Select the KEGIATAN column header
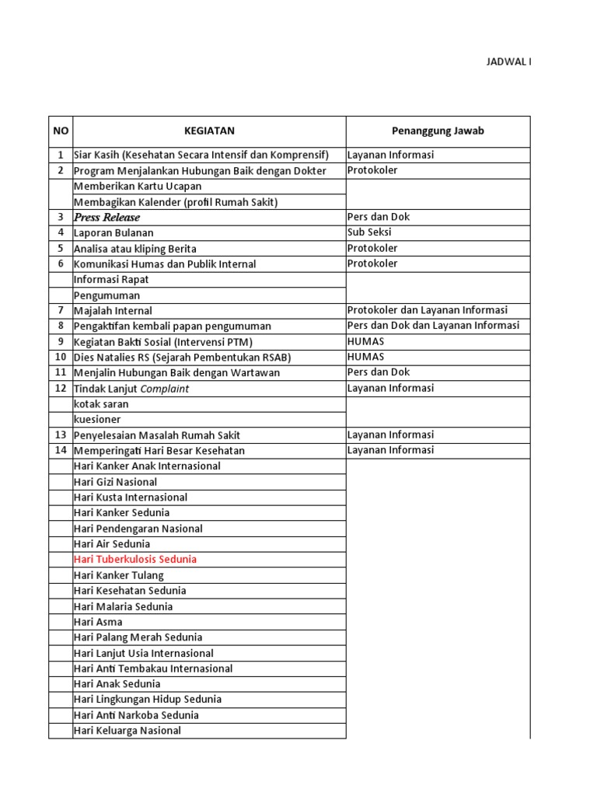click(209, 131)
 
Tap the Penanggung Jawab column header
click(437, 131)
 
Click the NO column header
click(61, 131)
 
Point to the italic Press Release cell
click(106, 218)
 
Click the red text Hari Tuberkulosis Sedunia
click(134, 560)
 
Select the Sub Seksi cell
click(369, 233)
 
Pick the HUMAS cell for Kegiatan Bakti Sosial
click(365, 342)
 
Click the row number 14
click(61, 451)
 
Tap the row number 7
click(61, 311)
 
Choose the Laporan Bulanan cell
click(113, 233)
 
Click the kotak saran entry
click(101, 404)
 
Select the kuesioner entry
click(97, 420)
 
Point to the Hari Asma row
click(98, 622)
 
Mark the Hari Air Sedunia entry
click(112, 544)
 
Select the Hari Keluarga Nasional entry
click(127, 731)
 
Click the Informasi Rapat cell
click(111, 280)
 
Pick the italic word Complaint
click(164, 389)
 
